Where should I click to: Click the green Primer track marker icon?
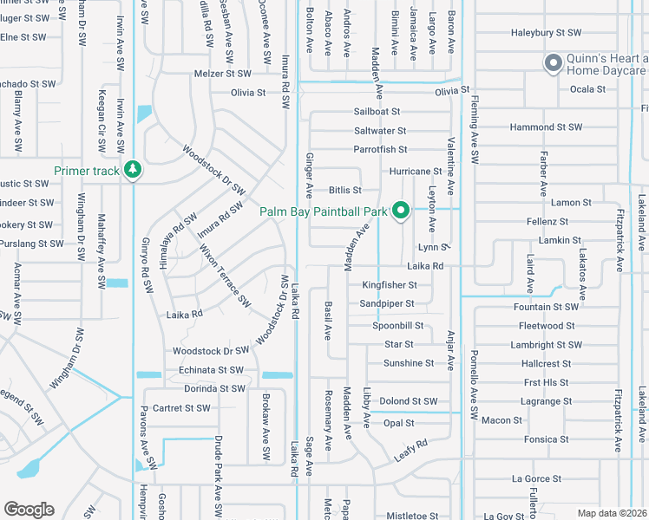[x=133, y=169]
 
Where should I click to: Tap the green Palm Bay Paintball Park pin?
[x=401, y=210]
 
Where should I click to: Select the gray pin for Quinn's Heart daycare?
[x=552, y=62]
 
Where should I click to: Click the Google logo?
[x=29, y=510]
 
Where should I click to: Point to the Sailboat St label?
[x=377, y=112]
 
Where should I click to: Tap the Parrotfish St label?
[x=380, y=150]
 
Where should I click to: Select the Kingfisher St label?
[x=390, y=284]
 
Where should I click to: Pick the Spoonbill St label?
[x=397, y=326]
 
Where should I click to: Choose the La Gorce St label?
[x=537, y=478]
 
